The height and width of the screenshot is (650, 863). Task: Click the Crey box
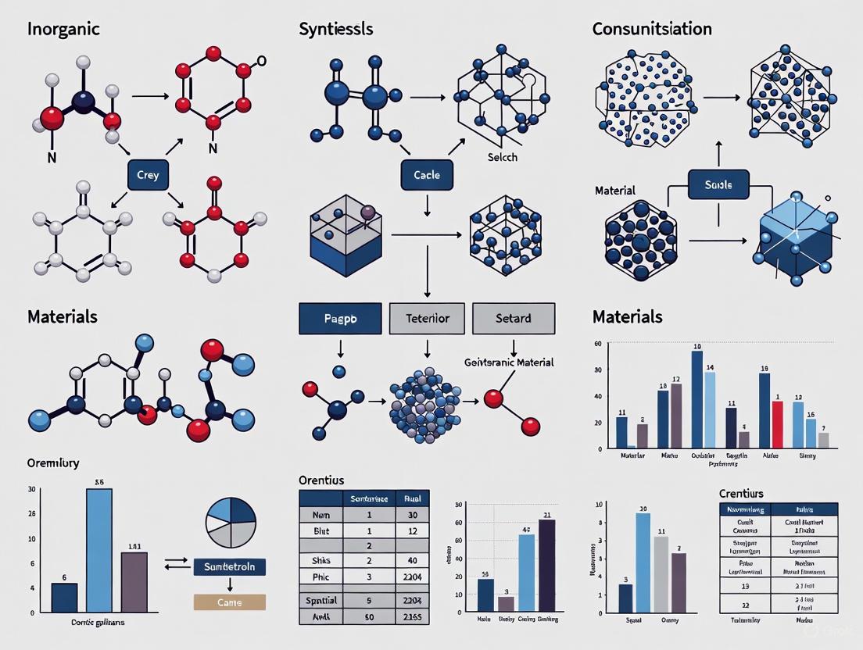[x=148, y=175]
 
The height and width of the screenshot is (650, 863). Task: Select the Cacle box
[x=426, y=175]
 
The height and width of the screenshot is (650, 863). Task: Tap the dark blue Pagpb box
[x=339, y=319]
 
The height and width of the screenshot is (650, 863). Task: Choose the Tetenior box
[x=427, y=319]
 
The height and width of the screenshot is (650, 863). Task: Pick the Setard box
[x=514, y=319]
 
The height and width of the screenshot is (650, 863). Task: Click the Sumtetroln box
[x=229, y=566]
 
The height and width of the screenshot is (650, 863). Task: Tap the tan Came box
[x=229, y=602]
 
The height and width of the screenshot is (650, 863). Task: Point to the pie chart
[x=231, y=523]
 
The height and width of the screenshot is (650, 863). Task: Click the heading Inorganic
[x=64, y=30]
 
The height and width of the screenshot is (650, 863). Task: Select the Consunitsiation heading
[x=652, y=30]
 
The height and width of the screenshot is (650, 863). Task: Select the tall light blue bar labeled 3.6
[x=99, y=549]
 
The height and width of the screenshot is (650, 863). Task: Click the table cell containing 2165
[x=411, y=616]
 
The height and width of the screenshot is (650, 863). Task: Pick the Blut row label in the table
[x=321, y=531]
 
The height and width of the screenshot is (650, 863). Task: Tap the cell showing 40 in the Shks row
[x=411, y=561]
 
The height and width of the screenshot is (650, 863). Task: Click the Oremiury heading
[x=54, y=462]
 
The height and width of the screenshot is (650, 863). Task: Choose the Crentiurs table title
[x=742, y=494]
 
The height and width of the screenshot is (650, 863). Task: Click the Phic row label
[x=321, y=577]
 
